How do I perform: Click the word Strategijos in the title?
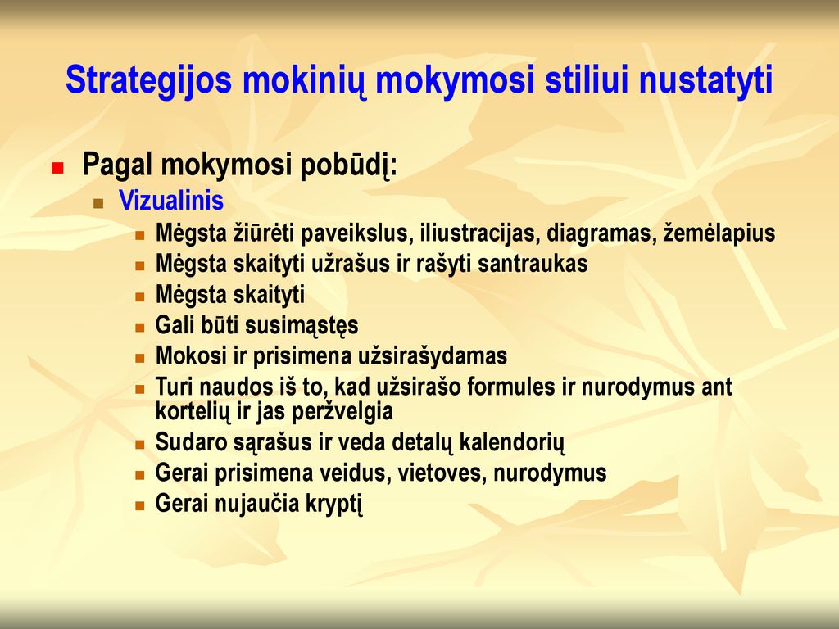tap(149, 80)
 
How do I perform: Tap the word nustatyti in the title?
tap(705, 79)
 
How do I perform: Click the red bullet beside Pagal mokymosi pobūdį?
tap(57, 169)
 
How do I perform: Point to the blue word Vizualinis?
tap(171, 201)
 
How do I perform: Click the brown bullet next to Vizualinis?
tap(98, 203)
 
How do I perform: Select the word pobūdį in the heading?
tap(348, 165)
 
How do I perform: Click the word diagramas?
tap(601, 233)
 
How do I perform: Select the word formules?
tap(511, 387)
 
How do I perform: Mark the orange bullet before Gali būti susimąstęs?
tap(140, 328)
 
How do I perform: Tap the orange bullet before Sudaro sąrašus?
tap(140, 445)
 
